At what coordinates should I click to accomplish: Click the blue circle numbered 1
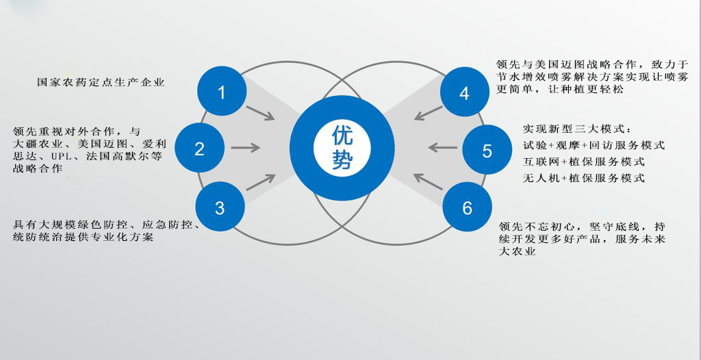coord(221,91)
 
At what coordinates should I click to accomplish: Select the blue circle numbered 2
coord(199,149)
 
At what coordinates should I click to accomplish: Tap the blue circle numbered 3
coord(219,207)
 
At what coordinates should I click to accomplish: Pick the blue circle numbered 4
coord(465,92)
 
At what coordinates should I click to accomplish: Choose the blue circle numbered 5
coord(487,150)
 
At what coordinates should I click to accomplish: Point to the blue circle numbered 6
coord(467,207)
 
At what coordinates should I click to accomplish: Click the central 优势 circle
coord(342,148)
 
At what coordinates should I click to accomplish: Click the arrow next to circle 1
coord(260,113)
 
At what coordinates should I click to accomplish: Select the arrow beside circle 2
coord(246,147)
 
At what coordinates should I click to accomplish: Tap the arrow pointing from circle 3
coord(260,182)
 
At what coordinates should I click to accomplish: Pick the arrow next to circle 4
coord(429,112)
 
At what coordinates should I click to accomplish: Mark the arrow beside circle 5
coord(442,146)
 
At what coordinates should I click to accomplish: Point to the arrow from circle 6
coord(429,181)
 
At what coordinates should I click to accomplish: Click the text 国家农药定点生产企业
coord(101,82)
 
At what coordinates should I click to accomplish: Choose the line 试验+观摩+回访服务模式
coord(594,145)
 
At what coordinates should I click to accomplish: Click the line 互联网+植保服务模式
coord(583,162)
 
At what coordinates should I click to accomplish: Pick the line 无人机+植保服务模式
coord(583,178)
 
